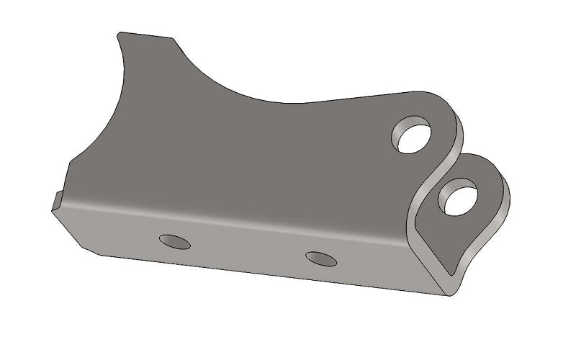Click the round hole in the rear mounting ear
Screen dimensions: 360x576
point(412,135)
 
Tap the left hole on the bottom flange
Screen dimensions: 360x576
point(175,242)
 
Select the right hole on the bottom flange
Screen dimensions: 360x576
point(321,258)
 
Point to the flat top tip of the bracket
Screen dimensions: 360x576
point(145,35)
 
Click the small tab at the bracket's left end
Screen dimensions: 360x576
point(56,200)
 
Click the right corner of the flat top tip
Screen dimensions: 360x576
point(173,37)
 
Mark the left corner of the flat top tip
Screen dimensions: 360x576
point(120,32)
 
